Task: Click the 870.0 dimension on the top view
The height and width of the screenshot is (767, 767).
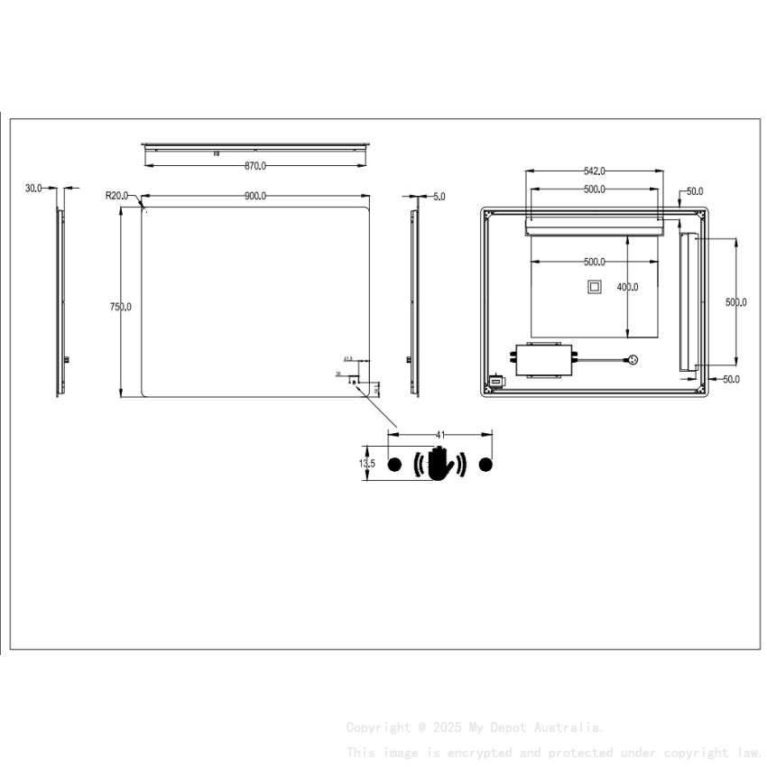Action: click(x=255, y=166)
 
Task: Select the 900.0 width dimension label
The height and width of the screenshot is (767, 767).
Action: click(x=255, y=196)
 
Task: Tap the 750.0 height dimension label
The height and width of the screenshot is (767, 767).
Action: click(x=121, y=307)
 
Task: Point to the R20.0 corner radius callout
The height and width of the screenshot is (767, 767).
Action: click(x=117, y=195)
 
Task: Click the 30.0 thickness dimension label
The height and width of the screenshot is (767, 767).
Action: click(x=33, y=189)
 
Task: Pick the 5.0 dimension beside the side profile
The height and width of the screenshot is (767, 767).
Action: click(x=439, y=196)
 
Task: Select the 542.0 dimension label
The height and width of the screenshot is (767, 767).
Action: click(x=594, y=171)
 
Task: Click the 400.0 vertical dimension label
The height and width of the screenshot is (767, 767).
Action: click(x=628, y=287)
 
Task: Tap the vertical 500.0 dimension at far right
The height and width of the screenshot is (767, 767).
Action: click(x=736, y=302)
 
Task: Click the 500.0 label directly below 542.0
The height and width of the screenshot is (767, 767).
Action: click(x=594, y=189)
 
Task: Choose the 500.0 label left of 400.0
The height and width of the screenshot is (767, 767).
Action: click(x=594, y=263)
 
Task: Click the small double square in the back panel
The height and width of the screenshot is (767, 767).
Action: click(x=594, y=287)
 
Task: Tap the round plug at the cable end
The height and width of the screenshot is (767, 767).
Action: click(x=633, y=359)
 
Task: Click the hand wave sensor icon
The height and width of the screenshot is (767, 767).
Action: click(x=439, y=465)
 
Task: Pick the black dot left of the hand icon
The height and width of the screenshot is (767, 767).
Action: click(x=393, y=465)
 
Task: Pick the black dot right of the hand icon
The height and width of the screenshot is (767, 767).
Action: click(x=486, y=465)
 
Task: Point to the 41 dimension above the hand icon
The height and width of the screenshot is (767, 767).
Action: click(x=440, y=435)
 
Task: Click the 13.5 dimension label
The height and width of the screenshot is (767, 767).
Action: click(x=367, y=464)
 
